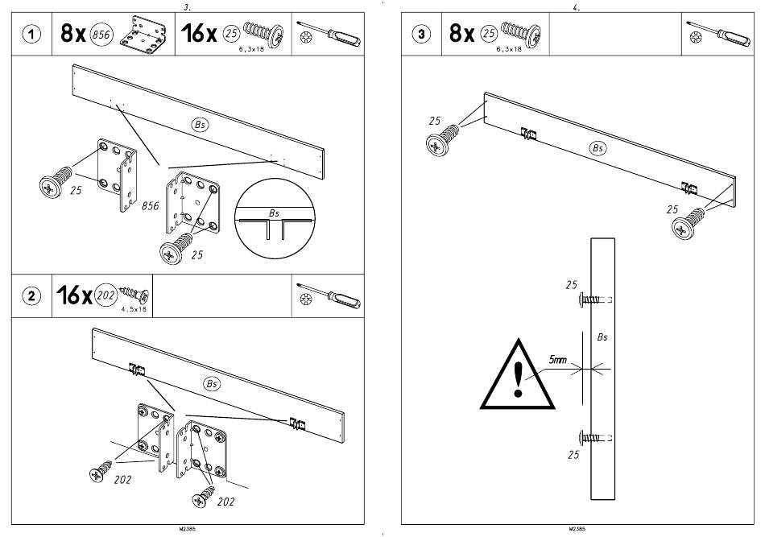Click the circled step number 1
31,35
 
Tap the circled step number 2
31,295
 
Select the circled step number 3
422,35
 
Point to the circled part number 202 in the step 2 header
105,295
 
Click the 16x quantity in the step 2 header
73,295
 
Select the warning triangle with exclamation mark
518,376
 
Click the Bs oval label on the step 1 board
200,124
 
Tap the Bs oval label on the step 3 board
597,148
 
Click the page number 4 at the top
576,6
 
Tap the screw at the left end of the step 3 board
443,143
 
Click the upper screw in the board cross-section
593,299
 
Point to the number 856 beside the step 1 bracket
150,207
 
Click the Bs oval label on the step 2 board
212,384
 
